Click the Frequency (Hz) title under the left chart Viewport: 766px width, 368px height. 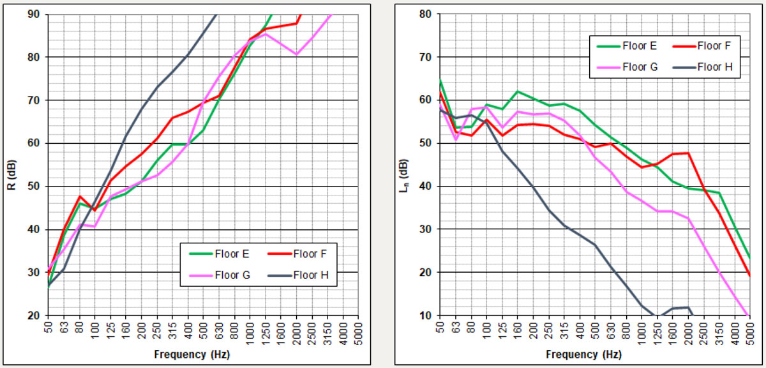tap(191, 353)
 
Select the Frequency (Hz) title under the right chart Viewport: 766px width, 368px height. tap(583, 353)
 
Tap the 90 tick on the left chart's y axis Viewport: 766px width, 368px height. tap(36, 14)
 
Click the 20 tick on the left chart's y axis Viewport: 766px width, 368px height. tap(36, 316)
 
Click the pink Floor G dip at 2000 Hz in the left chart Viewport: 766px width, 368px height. tap(296, 54)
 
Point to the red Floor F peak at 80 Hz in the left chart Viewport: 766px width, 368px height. tap(79, 196)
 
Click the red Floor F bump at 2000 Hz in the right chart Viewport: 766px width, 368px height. tap(687, 153)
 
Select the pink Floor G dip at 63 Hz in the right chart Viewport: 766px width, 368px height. tap(455, 140)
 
